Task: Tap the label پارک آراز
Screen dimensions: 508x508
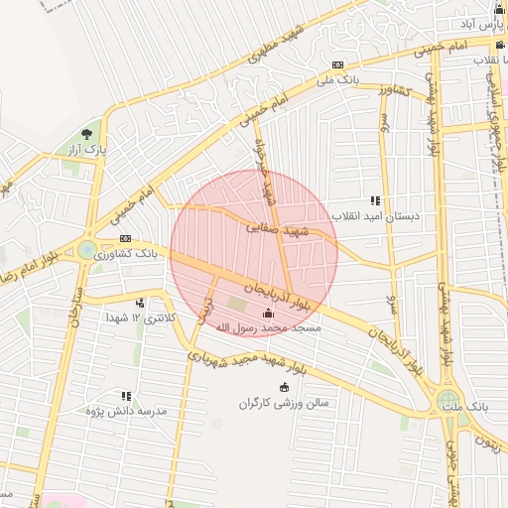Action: [x=87, y=149]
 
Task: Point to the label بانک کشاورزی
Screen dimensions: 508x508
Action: [x=126, y=254]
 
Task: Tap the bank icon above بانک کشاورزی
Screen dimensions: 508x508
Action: [x=126, y=239]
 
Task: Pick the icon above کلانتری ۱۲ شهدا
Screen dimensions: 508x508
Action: [x=141, y=303]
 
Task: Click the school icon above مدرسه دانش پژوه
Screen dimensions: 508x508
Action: [x=126, y=395]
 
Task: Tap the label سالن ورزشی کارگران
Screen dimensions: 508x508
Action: [x=289, y=403]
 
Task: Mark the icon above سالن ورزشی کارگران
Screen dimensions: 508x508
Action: [x=286, y=388]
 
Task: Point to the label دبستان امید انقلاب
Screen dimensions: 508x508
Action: [x=376, y=214]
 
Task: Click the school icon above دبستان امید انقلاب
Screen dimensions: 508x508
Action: [x=375, y=199]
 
